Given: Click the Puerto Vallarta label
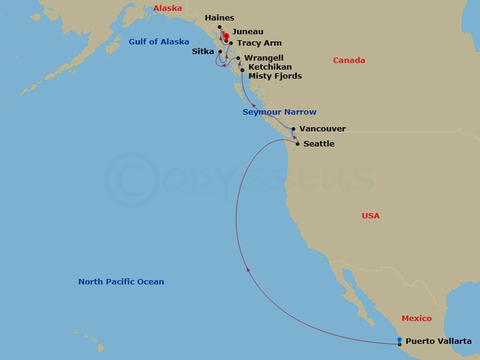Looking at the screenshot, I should (x=439, y=341).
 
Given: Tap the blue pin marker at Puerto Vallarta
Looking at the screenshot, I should (x=400, y=340).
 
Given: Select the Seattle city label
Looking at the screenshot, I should (x=319, y=144).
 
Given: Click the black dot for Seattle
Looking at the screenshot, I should (x=298, y=144).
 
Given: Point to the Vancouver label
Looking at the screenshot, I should (x=322, y=128).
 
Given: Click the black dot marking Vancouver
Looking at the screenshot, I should (x=293, y=129).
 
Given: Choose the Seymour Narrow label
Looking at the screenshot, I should (x=279, y=112).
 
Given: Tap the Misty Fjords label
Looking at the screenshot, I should (x=275, y=76).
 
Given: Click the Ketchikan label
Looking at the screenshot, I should (x=270, y=67).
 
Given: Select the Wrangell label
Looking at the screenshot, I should (x=264, y=58).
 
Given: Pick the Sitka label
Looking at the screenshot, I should (x=203, y=52).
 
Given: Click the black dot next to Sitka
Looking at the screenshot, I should (x=220, y=52).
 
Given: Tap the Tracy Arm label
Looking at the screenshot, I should (x=259, y=43).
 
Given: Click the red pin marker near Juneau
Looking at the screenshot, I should (x=226, y=37).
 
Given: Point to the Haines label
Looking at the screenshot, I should (x=219, y=18).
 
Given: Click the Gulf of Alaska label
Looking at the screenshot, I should (x=158, y=42).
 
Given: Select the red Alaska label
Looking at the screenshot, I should (x=167, y=8).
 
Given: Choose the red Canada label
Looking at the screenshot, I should (x=349, y=61).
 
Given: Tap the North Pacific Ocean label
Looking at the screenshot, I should (x=121, y=282).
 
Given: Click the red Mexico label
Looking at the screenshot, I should (x=416, y=319).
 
